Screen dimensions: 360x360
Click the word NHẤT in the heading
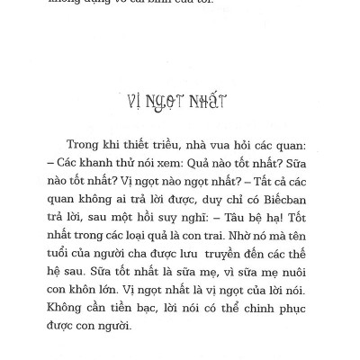point(207,99)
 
